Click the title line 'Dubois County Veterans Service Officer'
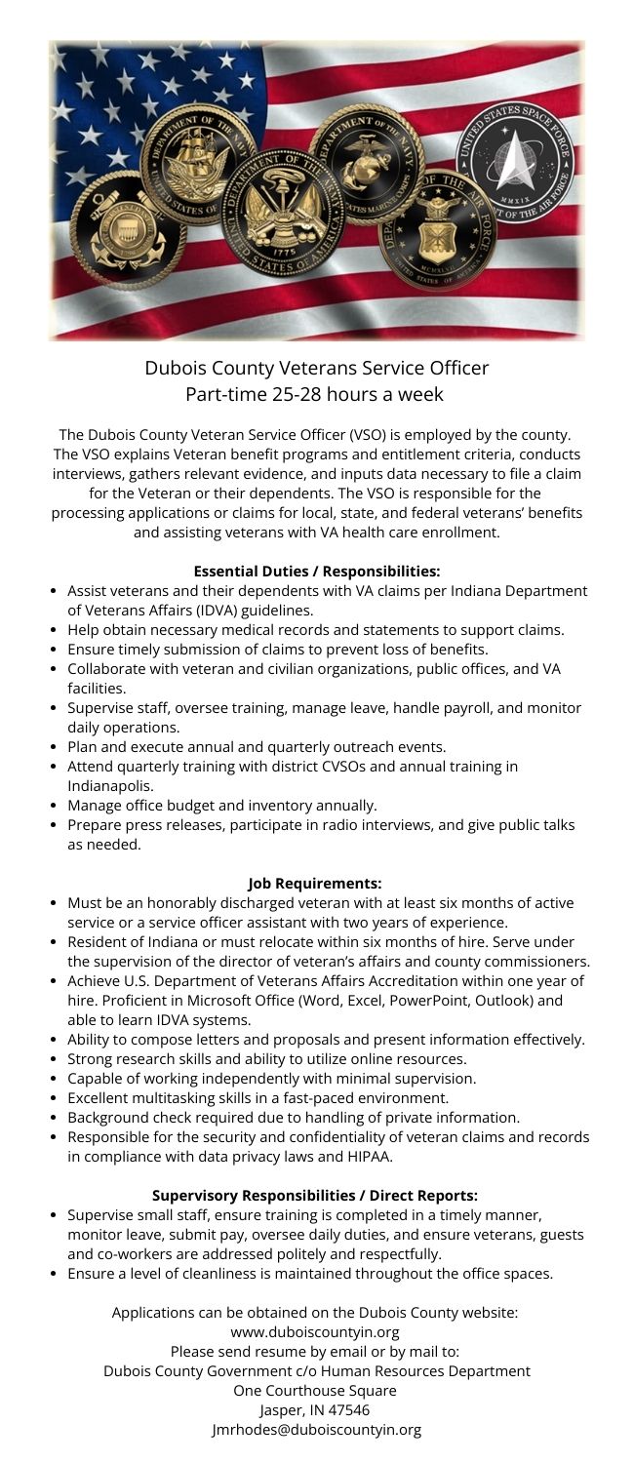coord(317,368)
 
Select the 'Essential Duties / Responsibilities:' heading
coord(317,571)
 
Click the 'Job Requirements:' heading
coord(317,884)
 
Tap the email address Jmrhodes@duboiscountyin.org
coord(317,1430)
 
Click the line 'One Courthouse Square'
coord(317,1390)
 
